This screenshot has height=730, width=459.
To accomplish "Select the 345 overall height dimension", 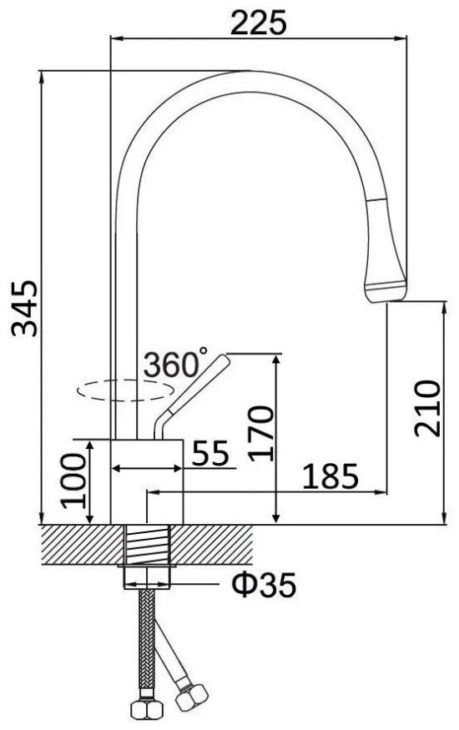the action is (25, 307).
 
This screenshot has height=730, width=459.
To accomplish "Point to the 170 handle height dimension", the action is (260, 434).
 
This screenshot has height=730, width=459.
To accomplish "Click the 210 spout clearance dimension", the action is (427, 408).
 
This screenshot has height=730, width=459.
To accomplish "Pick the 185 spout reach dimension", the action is (330, 476).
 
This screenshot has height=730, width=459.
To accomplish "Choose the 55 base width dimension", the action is (210, 453).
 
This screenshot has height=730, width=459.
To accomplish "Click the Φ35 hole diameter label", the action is (264, 585).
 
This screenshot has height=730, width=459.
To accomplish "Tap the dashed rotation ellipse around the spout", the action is (125, 400).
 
